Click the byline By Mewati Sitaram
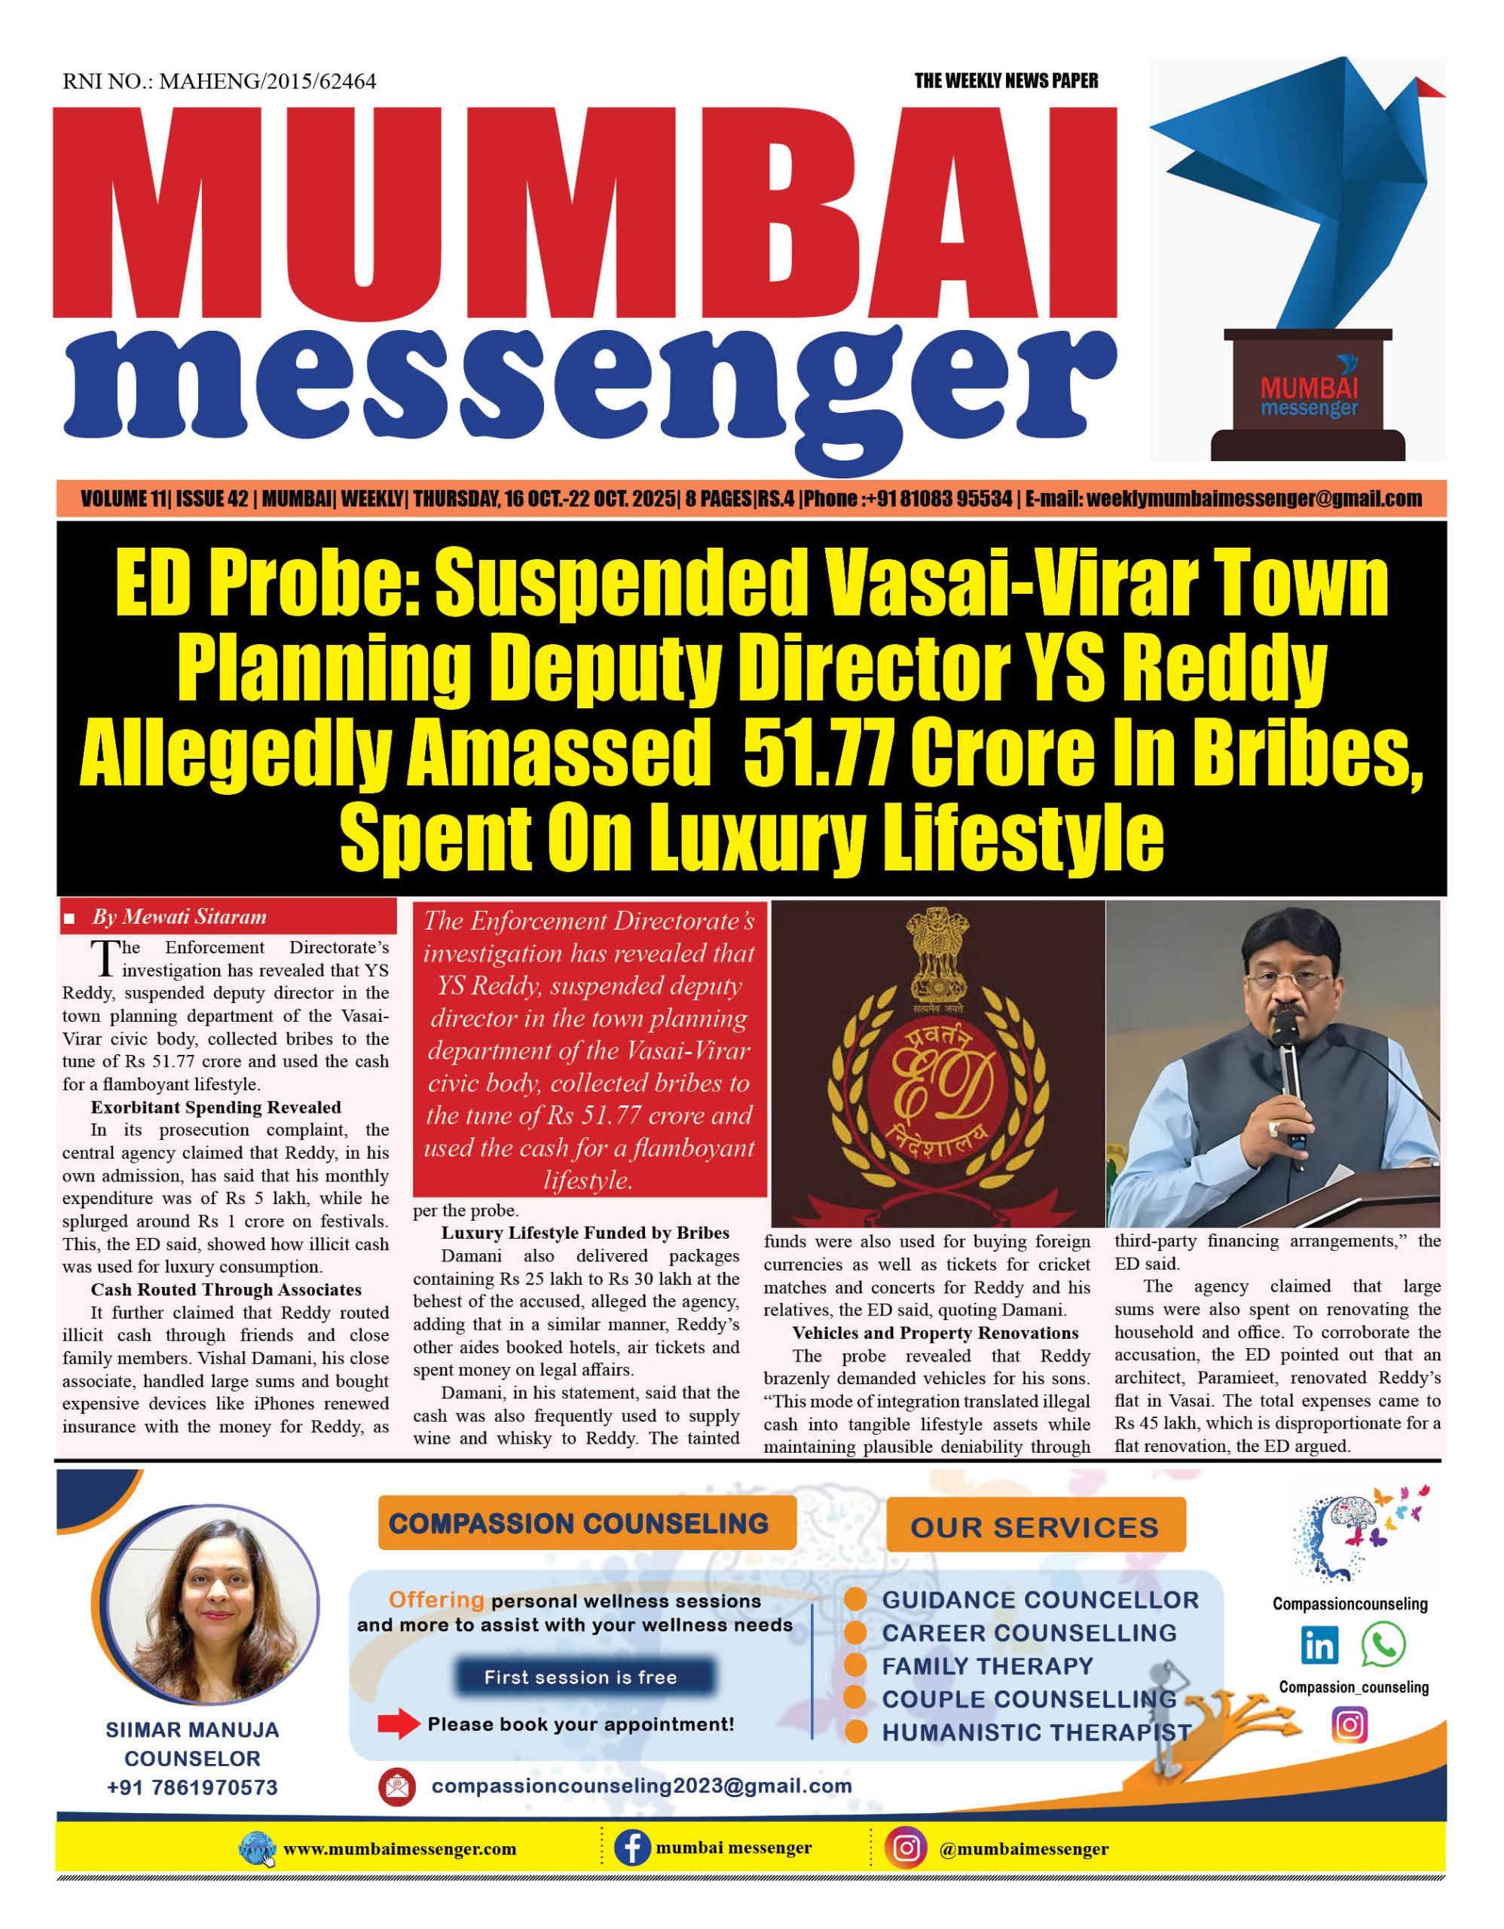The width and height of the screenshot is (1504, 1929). pos(179,917)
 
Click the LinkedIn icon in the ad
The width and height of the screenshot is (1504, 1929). pos(1319,1646)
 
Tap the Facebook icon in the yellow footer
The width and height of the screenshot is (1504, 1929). pos(632,1848)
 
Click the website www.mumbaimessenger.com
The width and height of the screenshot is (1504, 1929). pos(399,1850)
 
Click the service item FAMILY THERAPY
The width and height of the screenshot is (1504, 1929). pos(987,1666)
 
